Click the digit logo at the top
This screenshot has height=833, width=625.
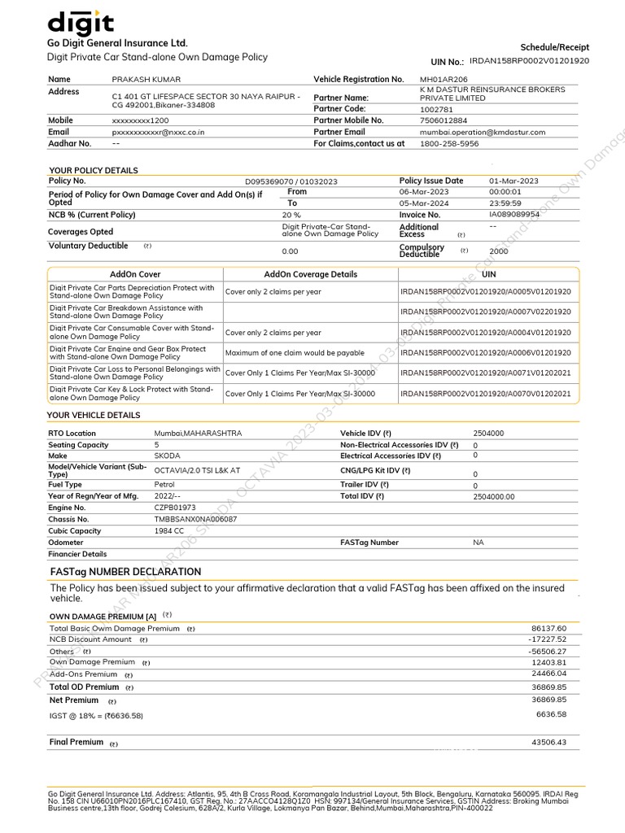tap(81, 22)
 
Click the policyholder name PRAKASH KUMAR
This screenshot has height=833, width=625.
tap(146, 80)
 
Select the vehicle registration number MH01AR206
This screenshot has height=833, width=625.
tap(444, 80)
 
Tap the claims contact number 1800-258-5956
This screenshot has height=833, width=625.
tap(448, 143)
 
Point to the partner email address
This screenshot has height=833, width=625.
tap(483, 132)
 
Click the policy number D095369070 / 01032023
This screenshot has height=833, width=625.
tap(291, 181)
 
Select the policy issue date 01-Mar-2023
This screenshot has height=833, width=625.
tap(514, 181)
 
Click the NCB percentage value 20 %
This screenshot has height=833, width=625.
tap(291, 215)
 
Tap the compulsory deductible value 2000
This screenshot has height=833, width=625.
tap(499, 251)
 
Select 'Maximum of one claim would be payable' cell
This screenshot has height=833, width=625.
tap(295, 353)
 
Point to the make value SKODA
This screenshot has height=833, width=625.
tap(168, 456)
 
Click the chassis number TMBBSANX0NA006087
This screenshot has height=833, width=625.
tap(195, 519)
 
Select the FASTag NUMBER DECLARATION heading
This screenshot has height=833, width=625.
tap(125, 572)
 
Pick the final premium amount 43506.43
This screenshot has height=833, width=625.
tap(549, 742)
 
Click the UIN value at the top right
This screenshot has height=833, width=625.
tap(529, 61)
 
